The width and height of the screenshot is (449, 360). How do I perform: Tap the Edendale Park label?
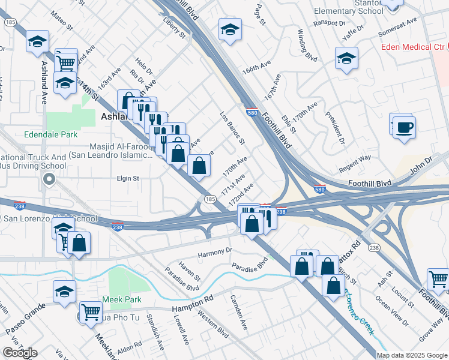click(50, 135)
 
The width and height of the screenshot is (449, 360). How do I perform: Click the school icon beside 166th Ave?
click(230, 30)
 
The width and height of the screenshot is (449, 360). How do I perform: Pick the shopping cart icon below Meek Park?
click(90, 312)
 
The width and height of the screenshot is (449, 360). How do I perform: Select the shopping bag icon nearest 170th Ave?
click(199, 166)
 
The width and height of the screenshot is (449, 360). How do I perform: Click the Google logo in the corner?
click(20, 353)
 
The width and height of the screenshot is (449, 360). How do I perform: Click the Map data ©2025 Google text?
click(412, 355)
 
